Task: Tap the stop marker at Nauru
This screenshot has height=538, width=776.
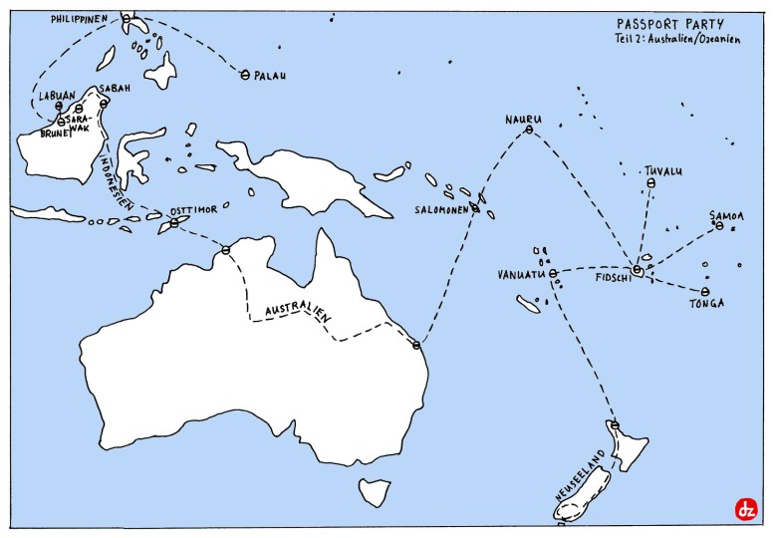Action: pos(529,130)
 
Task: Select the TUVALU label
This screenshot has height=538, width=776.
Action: pos(662,171)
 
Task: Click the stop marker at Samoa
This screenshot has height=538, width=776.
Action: pos(719,226)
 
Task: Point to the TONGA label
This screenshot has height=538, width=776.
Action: pos(705,304)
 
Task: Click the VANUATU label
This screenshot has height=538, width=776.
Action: pos(520,273)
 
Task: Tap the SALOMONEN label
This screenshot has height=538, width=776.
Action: pos(443,210)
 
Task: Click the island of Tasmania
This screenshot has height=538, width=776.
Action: pos(376,490)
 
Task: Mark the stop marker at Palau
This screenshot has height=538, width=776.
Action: pos(245,74)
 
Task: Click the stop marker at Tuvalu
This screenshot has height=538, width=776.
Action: pos(650,184)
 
